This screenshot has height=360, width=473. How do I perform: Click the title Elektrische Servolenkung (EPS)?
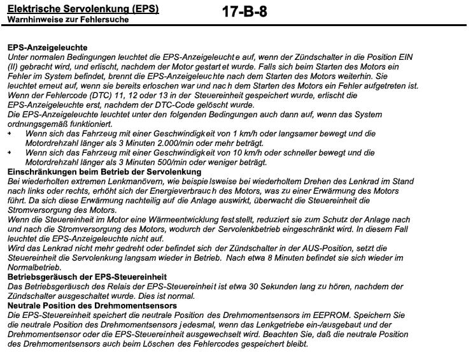coord(83,9)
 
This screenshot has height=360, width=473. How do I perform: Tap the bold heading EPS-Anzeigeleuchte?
coord(48,48)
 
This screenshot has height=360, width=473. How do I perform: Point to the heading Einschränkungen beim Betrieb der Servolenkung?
coord(104,172)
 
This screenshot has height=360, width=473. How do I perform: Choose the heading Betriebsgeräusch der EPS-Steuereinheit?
coord(87,277)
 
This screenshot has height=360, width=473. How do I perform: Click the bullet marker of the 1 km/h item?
coord(10,134)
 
